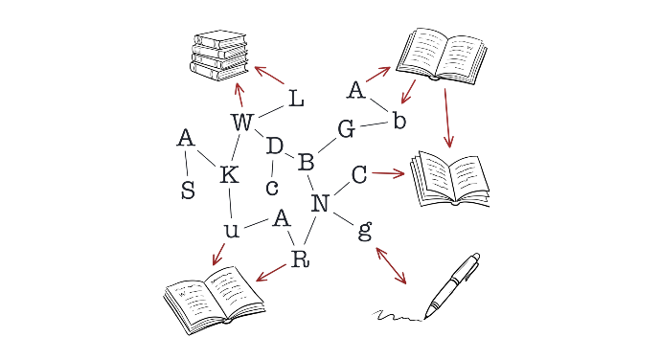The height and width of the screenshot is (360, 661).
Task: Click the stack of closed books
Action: [218, 56]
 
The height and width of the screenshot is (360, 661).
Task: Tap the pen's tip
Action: [425, 318]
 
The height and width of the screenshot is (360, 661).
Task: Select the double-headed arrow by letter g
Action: [391, 265]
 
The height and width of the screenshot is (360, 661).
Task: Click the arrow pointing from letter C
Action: [388, 173]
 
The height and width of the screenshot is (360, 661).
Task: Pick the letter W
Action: [242, 123]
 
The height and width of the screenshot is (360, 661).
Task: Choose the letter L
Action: [297, 99]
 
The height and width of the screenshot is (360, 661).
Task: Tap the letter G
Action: [346, 129]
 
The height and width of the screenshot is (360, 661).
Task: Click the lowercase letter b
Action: [399, 120]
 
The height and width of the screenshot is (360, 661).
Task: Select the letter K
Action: [230, 174]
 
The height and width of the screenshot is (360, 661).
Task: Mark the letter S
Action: [188, 191]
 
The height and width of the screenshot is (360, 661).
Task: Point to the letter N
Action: [320, 204]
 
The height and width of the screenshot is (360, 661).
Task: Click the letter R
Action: [300, 259]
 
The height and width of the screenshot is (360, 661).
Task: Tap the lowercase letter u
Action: [232, 231]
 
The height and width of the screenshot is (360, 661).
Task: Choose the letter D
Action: [275, 146]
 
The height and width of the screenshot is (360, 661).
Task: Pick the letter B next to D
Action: [306, 163]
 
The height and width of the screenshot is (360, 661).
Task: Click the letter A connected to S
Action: [186, 138]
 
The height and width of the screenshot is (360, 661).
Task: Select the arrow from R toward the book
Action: [271, 272]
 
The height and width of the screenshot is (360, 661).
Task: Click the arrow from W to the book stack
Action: [239, 95]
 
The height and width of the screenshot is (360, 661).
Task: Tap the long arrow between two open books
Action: [447, 118]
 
